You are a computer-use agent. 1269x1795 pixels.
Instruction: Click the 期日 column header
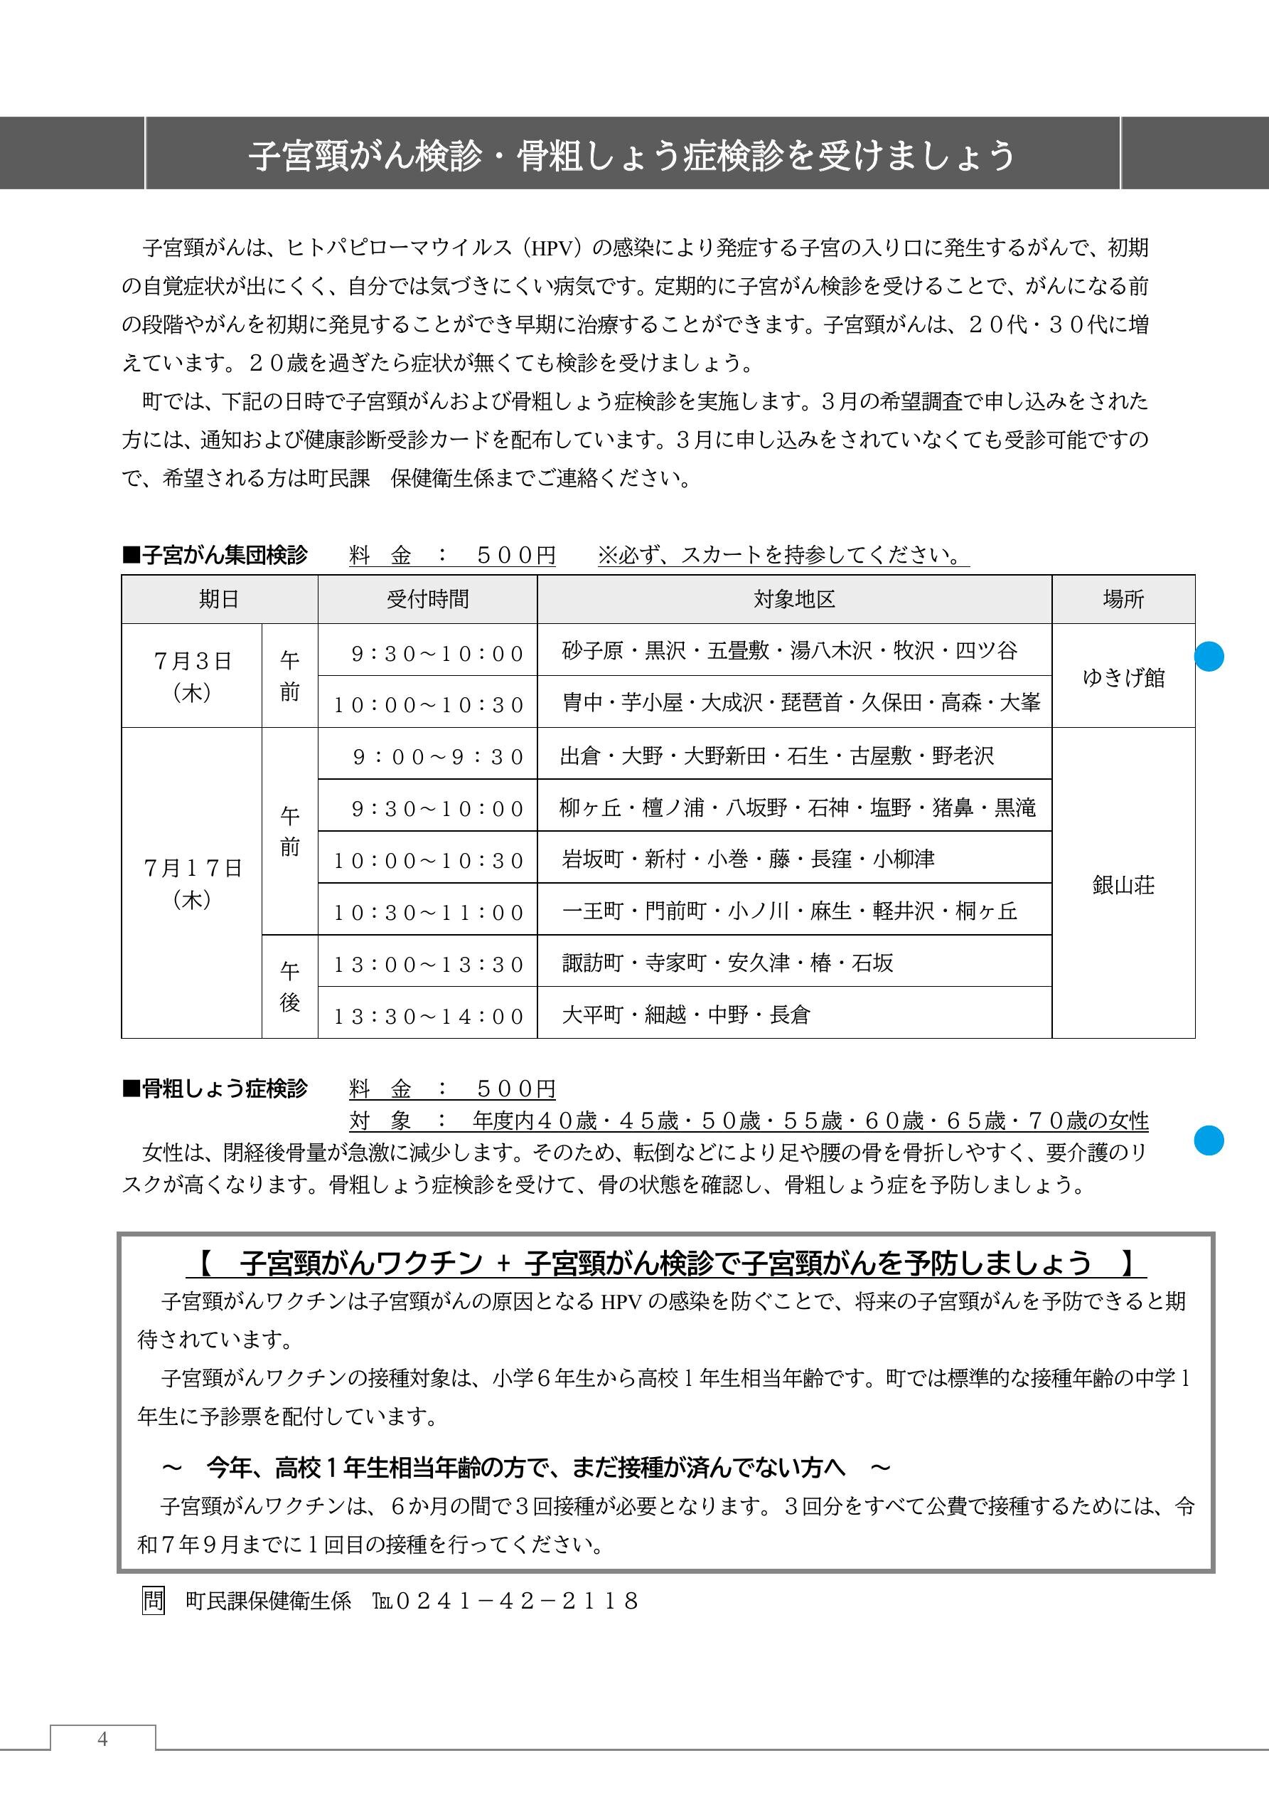coord(219,600)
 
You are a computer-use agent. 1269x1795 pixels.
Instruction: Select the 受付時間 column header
coord(427,600)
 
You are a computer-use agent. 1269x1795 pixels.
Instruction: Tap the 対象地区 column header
coord(794,600)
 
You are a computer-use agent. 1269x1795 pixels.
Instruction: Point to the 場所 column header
coord(1123,600)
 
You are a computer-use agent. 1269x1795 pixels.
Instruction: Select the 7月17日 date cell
coord(192,884)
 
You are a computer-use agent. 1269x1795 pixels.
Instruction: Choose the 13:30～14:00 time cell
coord(428,1015)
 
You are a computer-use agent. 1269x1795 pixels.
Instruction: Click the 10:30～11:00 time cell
coord(428,911)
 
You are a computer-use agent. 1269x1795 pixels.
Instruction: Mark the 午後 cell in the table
coord(290,987)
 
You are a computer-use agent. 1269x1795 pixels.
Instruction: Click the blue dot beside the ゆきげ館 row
coord(1209,656)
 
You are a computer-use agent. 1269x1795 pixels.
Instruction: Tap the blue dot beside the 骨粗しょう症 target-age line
coord(1209,1140)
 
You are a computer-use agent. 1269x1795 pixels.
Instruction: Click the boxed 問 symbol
coord(153,1600)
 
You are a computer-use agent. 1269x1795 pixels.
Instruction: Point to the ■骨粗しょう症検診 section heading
coord(215,1089)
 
